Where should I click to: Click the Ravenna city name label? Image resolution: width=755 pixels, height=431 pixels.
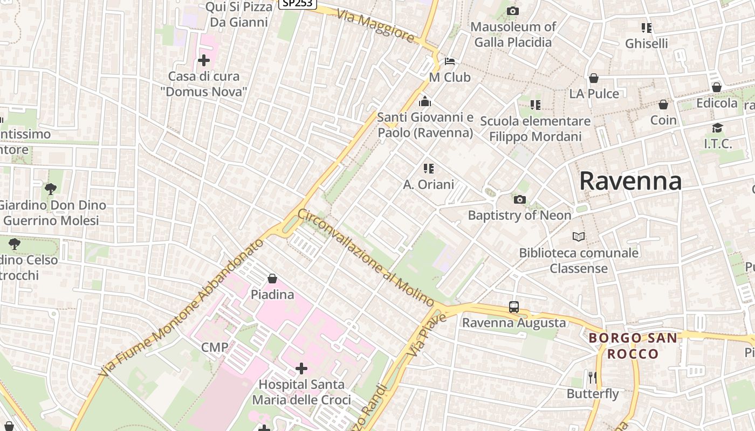630,181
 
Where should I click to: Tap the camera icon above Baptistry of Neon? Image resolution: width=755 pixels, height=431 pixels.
519,200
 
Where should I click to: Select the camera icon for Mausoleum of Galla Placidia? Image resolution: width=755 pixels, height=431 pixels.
513,11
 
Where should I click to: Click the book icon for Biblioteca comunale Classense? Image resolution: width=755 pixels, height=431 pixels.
578,237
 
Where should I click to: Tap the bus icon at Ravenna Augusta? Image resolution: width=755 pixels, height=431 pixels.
514,307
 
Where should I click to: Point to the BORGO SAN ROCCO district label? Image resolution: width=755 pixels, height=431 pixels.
633,346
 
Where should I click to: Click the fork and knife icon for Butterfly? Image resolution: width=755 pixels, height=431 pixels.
592,377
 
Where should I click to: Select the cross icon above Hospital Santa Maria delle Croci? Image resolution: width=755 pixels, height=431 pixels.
301,369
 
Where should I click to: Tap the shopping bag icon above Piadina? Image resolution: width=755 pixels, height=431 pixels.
272,279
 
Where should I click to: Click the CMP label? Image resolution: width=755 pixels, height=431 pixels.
215,347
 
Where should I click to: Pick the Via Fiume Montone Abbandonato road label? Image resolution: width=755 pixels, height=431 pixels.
182,308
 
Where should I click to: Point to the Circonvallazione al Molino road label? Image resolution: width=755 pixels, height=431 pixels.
366,258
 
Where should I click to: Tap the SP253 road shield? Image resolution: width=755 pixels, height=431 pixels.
297,3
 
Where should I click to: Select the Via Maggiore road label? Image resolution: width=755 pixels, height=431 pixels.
376,25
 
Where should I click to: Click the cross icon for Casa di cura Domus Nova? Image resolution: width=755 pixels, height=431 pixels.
204,60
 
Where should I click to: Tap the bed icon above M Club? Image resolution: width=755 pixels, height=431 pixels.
450,61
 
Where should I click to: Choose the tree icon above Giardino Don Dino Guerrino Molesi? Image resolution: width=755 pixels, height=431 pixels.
51,189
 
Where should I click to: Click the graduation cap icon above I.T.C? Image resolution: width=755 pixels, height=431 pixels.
717,128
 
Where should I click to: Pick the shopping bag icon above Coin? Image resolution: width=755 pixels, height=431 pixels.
663,104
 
